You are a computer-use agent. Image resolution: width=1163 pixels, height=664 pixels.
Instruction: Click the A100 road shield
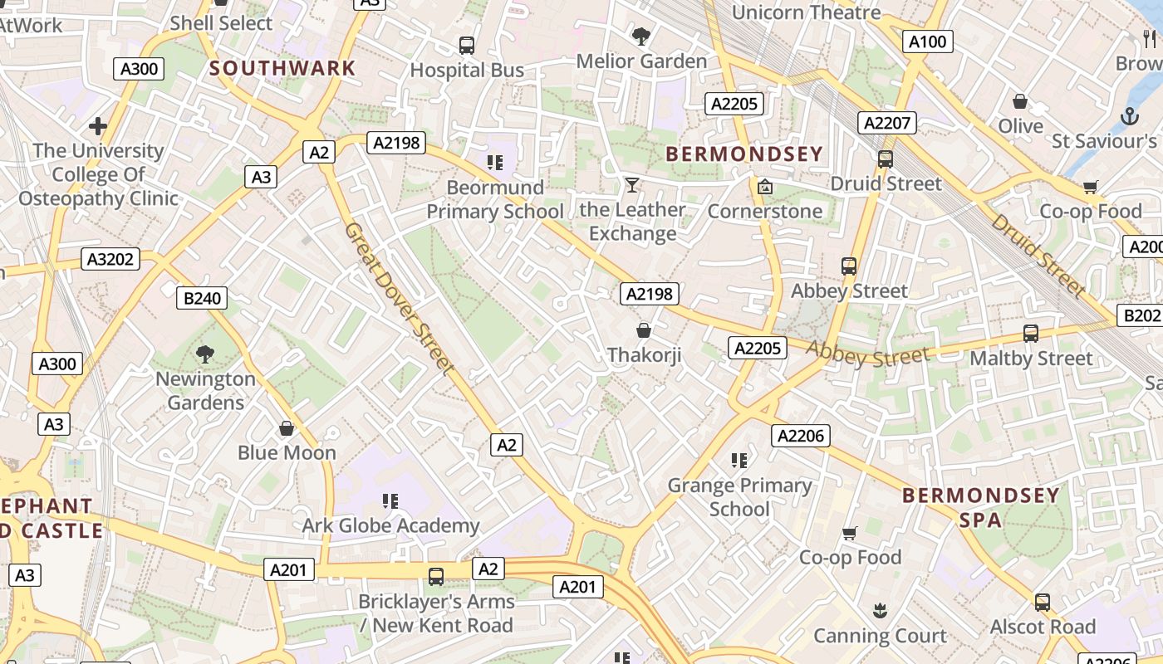click(927, 41)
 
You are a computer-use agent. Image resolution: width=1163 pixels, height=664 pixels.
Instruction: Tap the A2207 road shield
click(888, 124)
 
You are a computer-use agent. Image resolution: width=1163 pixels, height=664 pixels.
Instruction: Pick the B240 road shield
click(202, 299)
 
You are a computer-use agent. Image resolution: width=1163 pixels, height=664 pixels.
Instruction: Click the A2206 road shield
click(801, 436)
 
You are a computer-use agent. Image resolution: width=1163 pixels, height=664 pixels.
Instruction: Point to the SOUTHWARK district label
click(282, 68)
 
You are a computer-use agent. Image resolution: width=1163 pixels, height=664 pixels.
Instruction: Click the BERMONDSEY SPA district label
click(981, 508)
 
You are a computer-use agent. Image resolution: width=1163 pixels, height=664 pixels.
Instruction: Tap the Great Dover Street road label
click(400, 298)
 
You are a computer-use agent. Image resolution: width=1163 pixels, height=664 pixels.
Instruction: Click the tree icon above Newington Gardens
click(205, 354)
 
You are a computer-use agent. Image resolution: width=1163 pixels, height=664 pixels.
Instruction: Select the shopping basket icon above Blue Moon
click(287, 428)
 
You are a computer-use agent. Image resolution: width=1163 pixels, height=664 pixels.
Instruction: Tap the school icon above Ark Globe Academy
click(390, 500)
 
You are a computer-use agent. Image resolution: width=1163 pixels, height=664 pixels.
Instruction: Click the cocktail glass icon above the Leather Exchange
click(632, 185)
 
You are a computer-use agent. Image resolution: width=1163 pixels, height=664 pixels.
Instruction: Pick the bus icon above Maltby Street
click(1031, 334)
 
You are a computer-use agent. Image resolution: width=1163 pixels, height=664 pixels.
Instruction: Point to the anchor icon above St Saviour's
click(1129, 117)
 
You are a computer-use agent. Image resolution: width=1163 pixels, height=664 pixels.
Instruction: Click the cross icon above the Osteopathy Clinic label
click(98, 126)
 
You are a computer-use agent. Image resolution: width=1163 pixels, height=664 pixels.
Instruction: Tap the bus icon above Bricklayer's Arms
click(435, 577)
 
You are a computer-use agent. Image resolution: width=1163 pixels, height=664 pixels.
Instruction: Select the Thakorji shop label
click(644, 355)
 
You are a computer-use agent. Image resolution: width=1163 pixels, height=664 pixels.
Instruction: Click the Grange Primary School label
click(739, 496)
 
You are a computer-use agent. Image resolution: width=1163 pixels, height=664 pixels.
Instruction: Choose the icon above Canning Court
click(880, 612)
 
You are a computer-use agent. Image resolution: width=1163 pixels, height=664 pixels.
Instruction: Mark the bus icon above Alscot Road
click(1043, 603)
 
